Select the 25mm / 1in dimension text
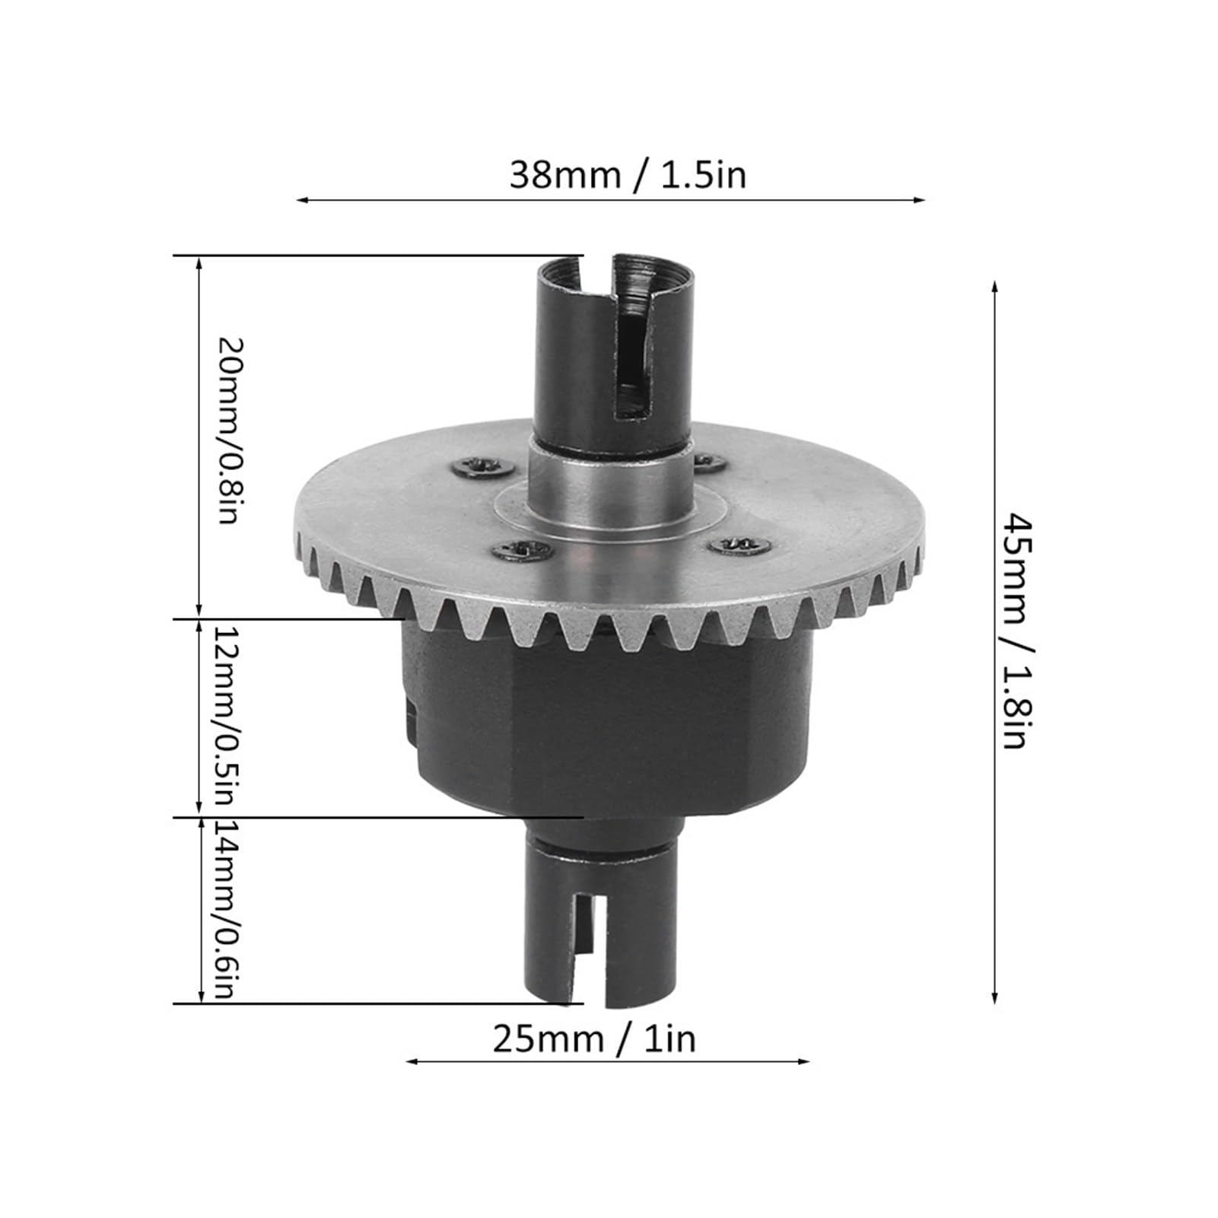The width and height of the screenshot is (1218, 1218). tap(595, 1038)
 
